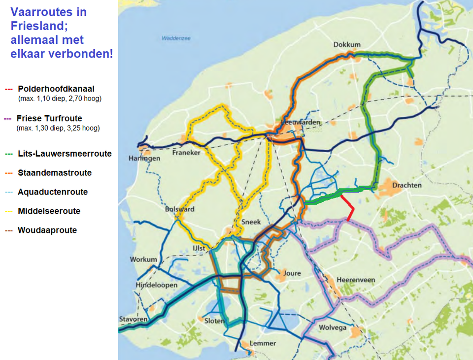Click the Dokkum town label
pos(347,45)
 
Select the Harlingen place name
pos(144,158)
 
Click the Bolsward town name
pos(179,209)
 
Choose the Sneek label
pos(251,222)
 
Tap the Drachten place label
pos(406,185)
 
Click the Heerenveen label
pos(356,280)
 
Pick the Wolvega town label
pos(333,327)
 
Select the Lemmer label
pos(263,344)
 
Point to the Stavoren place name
pos(133,320)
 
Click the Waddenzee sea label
pos(175,38)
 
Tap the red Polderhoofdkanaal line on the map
pos(349,208)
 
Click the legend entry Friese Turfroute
pos(49,119)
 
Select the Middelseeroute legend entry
pos(49,211)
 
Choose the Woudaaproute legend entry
pos(47,230)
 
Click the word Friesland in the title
pos(36,26)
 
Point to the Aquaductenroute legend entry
pos(52,192)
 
